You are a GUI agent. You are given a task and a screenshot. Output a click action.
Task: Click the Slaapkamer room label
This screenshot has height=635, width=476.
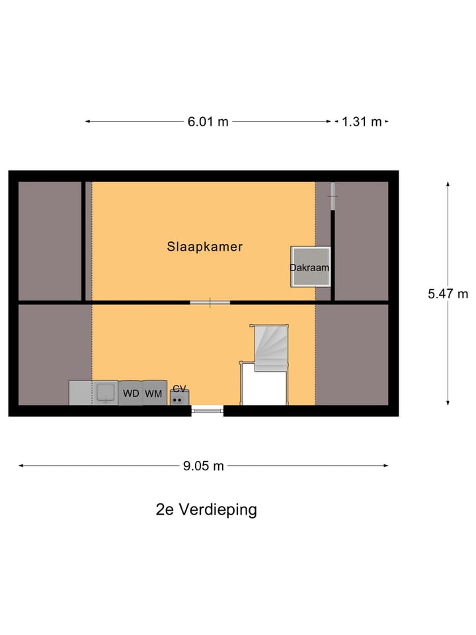204,247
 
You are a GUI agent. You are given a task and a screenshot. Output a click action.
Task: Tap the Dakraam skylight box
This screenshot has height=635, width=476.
310,267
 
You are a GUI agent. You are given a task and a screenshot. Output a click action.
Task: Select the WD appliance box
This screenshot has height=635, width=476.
131,393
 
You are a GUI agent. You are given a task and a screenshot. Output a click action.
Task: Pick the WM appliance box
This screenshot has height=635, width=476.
154,393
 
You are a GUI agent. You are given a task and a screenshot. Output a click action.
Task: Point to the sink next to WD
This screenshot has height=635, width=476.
104,393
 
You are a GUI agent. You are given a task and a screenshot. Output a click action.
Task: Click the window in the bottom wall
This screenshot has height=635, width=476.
208,411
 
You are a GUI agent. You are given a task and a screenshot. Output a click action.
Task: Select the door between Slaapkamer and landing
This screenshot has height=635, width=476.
210,303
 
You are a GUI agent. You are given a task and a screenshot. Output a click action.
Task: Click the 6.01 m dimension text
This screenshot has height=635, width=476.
208,122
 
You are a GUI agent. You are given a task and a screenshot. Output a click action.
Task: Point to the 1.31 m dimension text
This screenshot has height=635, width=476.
362,122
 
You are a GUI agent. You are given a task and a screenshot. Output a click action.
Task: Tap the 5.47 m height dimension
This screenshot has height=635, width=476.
448,294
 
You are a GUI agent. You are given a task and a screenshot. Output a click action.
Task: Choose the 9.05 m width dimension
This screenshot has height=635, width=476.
204,466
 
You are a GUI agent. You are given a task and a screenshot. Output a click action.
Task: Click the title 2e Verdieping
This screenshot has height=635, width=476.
206,510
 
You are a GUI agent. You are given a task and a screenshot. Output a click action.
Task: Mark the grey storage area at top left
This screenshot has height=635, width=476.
50,241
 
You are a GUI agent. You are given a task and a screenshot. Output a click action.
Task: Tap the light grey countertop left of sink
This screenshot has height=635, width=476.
80,393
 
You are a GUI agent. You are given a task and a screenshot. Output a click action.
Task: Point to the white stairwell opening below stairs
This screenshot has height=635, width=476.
264,386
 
